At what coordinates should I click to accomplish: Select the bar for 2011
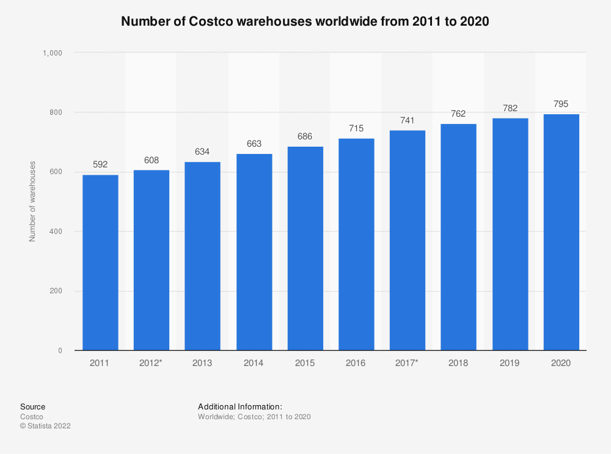click(100, 263)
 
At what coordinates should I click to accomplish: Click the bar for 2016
click(356, 244)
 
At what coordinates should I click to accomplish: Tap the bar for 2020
click(561, 232)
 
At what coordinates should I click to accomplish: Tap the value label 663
click(254, 144)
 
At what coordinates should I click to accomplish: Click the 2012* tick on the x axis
click(152, 363)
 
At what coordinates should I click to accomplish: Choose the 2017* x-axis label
click(408, 363)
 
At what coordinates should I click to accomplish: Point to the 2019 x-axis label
click(510, 363)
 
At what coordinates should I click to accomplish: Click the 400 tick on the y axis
click(56, 232)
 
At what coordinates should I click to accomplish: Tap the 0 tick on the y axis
click(60, 351)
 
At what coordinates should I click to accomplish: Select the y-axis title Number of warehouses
click(32, 202)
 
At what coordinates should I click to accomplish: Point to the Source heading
click(32, 406)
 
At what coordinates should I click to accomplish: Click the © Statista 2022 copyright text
click(46, 426)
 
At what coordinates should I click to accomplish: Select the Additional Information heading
click(240, 406)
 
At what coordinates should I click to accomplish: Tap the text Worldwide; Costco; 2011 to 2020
click(255, 417)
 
